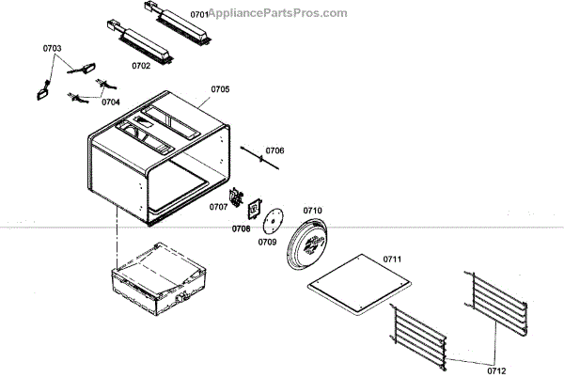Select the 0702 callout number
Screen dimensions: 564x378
142,66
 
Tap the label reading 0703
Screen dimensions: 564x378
53,47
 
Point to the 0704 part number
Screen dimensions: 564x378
111,102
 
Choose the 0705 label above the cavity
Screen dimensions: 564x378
220,89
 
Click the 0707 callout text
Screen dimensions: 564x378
218,207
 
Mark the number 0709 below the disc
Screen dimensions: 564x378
268,241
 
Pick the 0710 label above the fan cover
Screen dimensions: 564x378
312,210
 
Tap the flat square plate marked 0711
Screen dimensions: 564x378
361,284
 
